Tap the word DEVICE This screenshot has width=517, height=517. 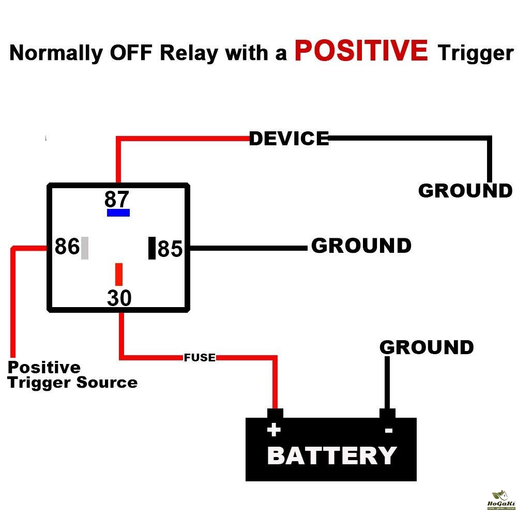coord(289,139)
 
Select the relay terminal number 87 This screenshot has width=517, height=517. coord(116,199)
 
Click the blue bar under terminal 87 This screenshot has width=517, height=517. coord(118,212)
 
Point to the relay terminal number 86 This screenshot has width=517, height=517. coord(67,247)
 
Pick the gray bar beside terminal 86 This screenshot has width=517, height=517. coord(85,248)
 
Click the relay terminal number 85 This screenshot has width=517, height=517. coord(170,249)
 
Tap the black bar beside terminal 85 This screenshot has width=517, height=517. coord(152,248)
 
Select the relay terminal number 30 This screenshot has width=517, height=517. coord(119,298)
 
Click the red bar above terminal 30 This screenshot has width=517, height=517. coord(119,274)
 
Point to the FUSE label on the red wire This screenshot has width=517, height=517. coord(200,357)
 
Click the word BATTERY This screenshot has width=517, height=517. coord(332,456)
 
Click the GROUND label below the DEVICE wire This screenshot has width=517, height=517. coord(465,191)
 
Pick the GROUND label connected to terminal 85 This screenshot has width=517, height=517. coord(361,246)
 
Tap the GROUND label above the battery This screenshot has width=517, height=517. coord(427,347)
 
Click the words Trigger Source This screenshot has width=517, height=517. coord(72,383)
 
